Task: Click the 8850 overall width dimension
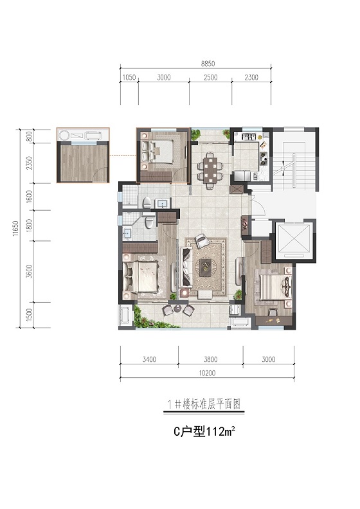coord(208,64)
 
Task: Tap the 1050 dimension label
coord(129,78)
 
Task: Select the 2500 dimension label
coord(211,78)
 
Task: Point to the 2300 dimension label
coord(251,78)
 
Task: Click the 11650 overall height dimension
coord(15,229)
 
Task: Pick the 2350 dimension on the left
coord(29,163)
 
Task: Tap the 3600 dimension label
coord(29,271)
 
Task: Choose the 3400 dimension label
coord(149,359)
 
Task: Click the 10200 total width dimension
coord(207,373)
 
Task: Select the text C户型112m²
coord(204,432)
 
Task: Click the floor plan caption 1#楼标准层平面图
coord(204,404)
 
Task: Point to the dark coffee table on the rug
coord(206,267)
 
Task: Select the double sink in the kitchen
coord(248,137)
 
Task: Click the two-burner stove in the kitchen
coord(264,156)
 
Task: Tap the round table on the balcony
coord(177,308)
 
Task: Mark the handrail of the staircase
coord(294,171)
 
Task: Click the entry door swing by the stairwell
coord(258,207)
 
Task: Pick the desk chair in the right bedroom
coord(273,312)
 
